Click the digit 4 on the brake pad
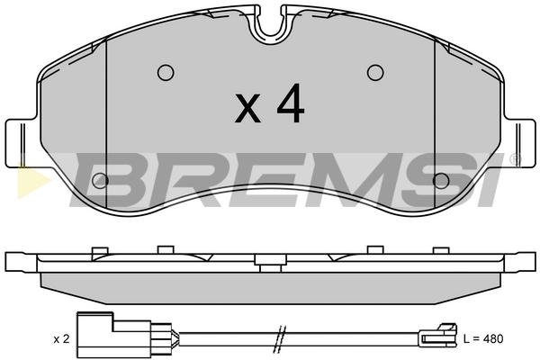click(291, 103)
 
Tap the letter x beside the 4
click(247, 109)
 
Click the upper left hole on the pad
click(166, 73)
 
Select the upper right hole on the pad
click(375, 73)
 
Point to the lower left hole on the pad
click(100, 181)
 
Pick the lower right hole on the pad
click(441, 181)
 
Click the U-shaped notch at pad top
click(271, 26)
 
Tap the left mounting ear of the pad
click(22, 143)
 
